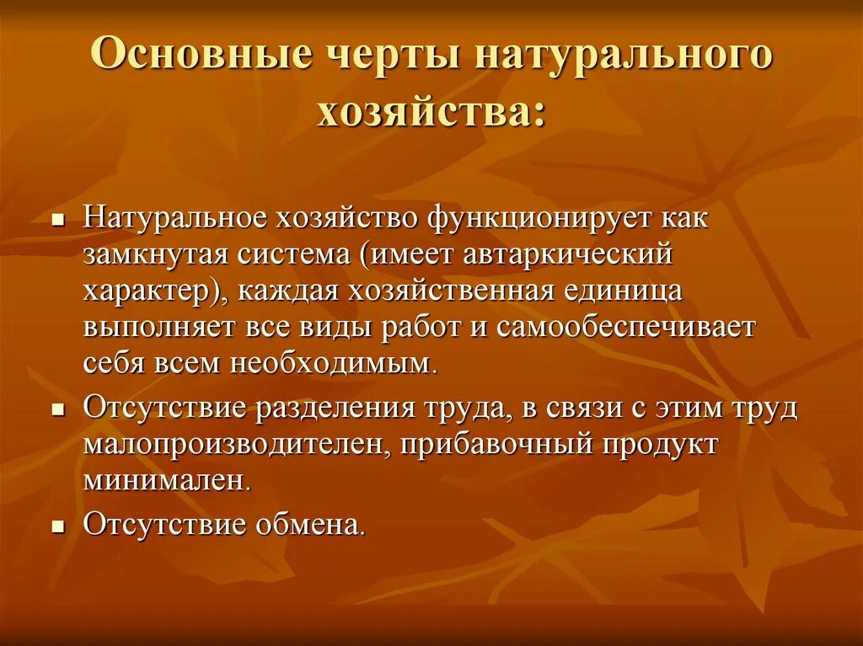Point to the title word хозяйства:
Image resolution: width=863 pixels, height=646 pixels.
[431, 112]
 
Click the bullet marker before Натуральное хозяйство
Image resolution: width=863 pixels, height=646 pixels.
[58, 220]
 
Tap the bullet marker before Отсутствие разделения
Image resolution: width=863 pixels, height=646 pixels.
[58, 410]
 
